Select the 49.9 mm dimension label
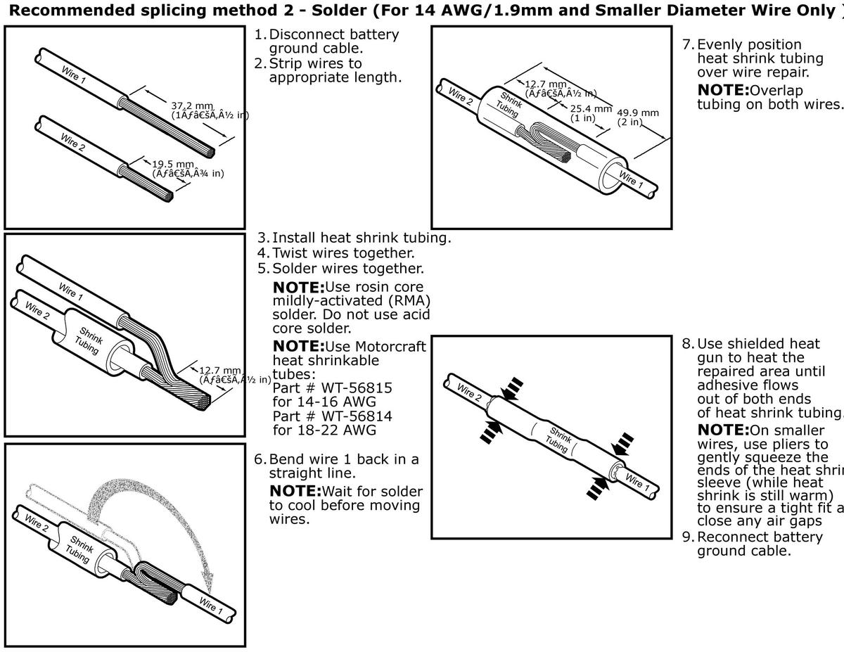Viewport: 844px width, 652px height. pyautogui.click(x=638, y=113)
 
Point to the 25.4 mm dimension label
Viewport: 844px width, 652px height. pyautogui.click(x=591, y=108)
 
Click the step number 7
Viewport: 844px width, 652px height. pyautogui.click(x=688, y=44)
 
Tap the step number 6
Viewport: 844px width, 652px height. pyautogui.click(x=260, y=459)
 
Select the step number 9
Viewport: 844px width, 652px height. pyautogui.click(x=688, y=537)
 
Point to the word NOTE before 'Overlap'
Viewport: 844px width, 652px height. pyautogui.click(x=723, y=90)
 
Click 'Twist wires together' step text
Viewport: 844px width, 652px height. pyautogui.click(x=343, y=253)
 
